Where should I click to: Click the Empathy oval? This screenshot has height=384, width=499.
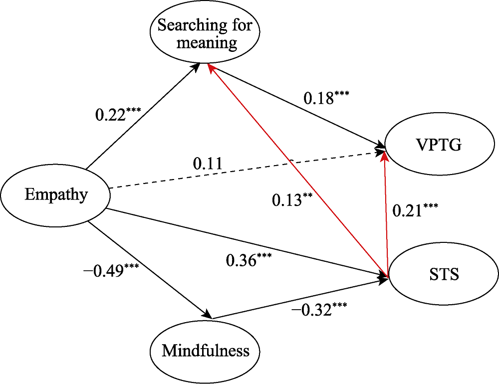(x=55, y=194)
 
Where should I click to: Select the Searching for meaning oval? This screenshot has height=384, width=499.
(x=205, y=33)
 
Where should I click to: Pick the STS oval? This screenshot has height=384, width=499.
(x=444, y=275)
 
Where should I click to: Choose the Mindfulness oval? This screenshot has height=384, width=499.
(x=205, y=351)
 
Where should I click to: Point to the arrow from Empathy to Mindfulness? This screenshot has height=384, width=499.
(x=150, y=269)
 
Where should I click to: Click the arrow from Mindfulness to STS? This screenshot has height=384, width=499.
(x=299, y=299)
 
